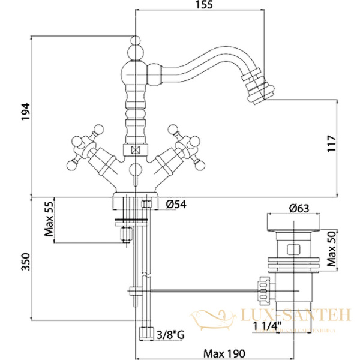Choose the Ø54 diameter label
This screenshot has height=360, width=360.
pyautogui.click(x=175, y=204)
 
